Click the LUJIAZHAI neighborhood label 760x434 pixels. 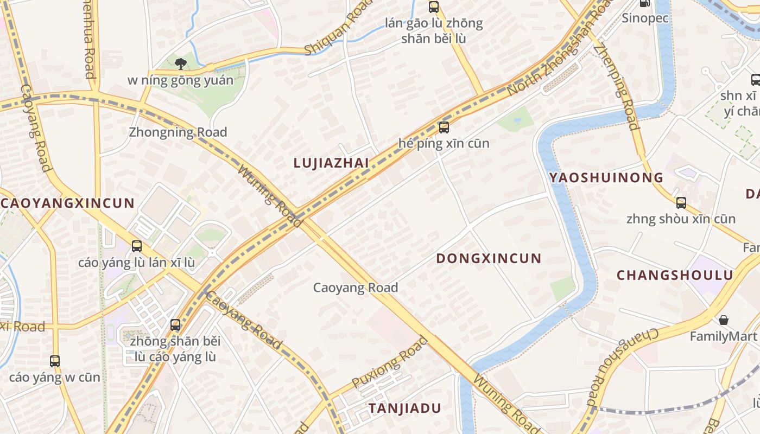click(x=331, y=163)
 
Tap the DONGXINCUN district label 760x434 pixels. click(x=489, y=258)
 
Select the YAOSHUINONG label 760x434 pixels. click(x=606, y=177)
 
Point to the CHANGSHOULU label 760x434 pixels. click(x=675, y=275)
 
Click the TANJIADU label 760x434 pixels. click(x=404, y=409)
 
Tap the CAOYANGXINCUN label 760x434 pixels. click(x=67, y=203)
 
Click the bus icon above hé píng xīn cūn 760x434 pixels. click(x=444, y=127)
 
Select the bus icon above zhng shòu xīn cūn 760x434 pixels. click(x=681, y=203)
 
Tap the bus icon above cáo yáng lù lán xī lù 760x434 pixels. click(x=137, y=246)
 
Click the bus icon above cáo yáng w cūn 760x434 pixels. click(x=55, y=361)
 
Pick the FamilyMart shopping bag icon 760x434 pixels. click(x=723, y=320)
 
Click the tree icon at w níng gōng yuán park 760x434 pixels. click(x=181, y=64)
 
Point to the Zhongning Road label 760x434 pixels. click(x=178, y=132)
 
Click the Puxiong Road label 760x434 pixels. click(x=389, y=362)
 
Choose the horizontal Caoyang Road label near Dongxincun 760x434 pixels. click(x=356, y=288)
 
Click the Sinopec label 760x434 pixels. click(x=645, y=18)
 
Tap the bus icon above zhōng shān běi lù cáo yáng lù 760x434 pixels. click(x=175, y=325)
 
